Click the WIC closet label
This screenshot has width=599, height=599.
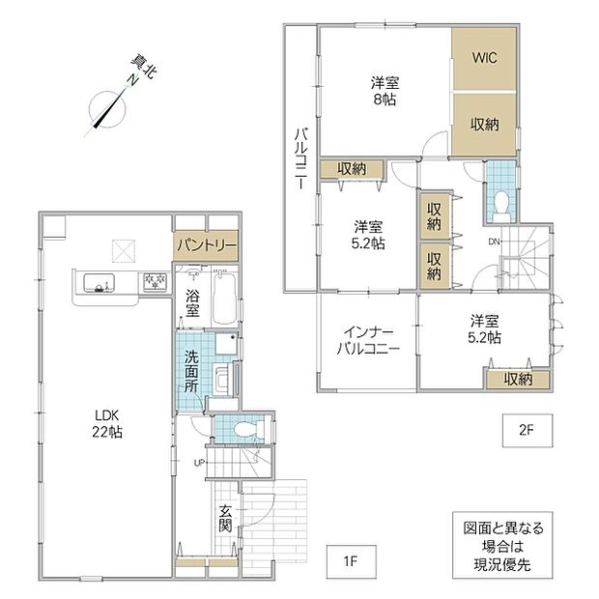pyautogui.click(x=484, y=58)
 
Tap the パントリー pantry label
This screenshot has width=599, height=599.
pyautogui.click(x=207, y=244)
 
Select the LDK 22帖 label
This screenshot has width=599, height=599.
pyautogui.click(x=107, y=424)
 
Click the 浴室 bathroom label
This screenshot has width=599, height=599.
pyautogui.click(x=192, y=303)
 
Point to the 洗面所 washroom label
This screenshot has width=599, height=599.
pyautogui.click(x=191, y=371)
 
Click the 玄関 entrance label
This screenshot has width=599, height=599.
pyautogui.click(x=225, y=519)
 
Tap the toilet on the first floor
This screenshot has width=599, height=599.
pyautogui.click(x=249, y=429)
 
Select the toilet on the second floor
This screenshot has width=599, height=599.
pyautogui.click(x=501, y=206)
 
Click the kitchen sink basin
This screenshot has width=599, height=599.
pyautogui.click(x=100, y=283)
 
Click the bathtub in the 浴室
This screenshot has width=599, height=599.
pyautogui.click(x=225, y=298)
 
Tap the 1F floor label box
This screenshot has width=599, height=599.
pyautogui.click(x=351, y=561)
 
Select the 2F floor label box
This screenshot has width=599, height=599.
pyautogui.click(x=528, y=431)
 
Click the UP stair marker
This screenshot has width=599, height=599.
pyautogui.click(x=199, y=464)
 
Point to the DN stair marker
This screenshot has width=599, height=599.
pyautogui.click(x=494, y=242)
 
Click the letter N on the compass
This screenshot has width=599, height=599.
pyautogui.click(x=132, y=80)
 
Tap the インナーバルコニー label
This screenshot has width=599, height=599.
pyautogui.click(x=368, y=340)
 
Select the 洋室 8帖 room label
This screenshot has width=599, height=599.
pyautogui.click(x=385, y=91)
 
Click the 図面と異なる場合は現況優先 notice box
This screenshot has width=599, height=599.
pyautogui.click(x=502, y=546)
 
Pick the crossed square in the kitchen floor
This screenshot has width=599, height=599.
pyautogui.click(x=124, y=251)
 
